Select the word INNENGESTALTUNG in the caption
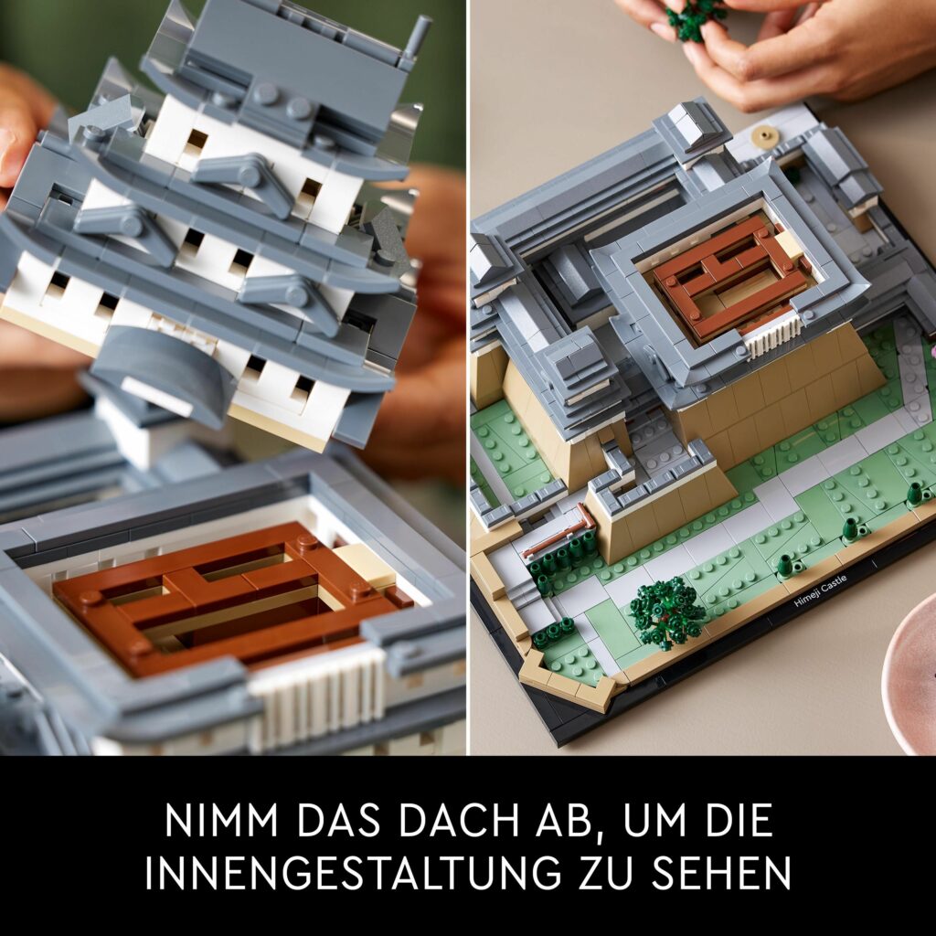(x=353, y=872)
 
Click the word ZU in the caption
(x=607, y=872)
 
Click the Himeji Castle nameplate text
(x=821, y=591)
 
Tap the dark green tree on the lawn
(x=666, y=612)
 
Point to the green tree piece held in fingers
(x=696, y=18)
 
